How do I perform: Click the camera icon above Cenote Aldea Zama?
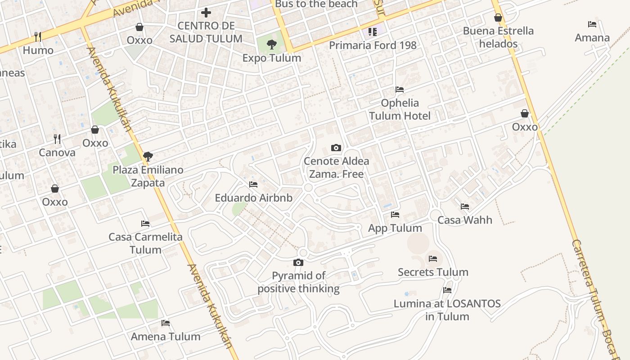click(336, 148)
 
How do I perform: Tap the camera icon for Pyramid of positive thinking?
click(298, 262)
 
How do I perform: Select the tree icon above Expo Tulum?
click(271, 44)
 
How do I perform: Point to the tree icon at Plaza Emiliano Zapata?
click(148, 157)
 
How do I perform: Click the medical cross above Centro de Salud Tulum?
click(206, 13)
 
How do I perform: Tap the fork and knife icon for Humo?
click(38, 36)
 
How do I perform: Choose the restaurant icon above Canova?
click(57, 139)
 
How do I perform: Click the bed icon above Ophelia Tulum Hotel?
click(399, 90)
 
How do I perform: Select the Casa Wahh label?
click(465, 220)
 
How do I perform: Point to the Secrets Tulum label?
click(433, 272)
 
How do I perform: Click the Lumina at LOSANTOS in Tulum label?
click(447, 310)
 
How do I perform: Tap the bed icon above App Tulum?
click(395, 215)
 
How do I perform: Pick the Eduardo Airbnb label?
click(253, 198)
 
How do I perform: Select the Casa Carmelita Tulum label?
click(145, 243)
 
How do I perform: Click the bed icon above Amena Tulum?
click(166, 323)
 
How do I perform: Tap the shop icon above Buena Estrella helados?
click(498, 18)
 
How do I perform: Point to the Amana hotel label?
click(592, 38)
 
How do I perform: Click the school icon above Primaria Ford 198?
click(372, 31)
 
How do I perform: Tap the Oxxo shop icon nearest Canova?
click(95, 130)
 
